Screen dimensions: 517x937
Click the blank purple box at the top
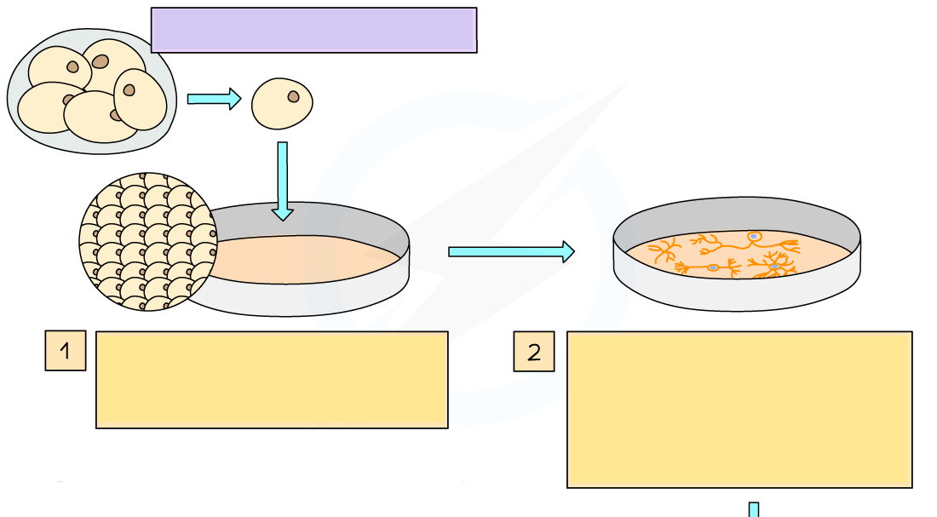(x=313, y=31)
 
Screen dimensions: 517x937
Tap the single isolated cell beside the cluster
(x=282, y=104)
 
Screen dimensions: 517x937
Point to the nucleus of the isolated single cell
(x=294, y=95)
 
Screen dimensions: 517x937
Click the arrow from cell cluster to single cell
(x=214, y=99)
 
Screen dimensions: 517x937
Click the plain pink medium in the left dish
(x=298, y=259)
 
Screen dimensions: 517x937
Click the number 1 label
(x=65, y=351)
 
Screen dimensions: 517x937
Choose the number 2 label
(x=534, y=351)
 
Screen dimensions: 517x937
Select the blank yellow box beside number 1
(x=272, y=379)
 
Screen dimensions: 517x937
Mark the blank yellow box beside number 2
(x=739, y=409)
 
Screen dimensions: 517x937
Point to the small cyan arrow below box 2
(x=753, y=509)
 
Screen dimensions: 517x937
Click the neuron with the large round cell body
(x=753, y=238)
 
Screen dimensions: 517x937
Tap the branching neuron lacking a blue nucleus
(x=664, y=251)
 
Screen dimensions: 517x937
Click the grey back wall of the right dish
(x=737, y=216)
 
